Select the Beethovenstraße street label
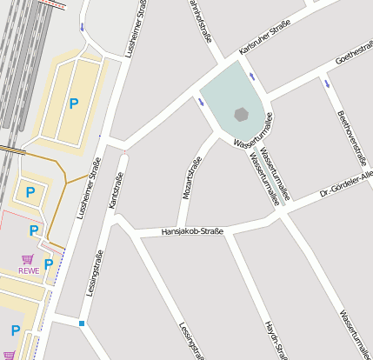click(x=352, y=137)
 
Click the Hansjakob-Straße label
click(x=192, y=231)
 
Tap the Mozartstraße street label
click(x=190, y=178)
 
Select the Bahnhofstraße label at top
click(x=200, y=19)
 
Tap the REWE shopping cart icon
click(x=28, y=259)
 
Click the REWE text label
click(x=29, y=270)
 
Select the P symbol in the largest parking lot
click(x=73, y=103)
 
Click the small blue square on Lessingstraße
click(x=82, y=323)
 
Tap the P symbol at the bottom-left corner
click(x=15, y=330)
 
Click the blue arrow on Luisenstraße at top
click(x=83, y=27)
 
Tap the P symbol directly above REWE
click(x=33, y=230)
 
